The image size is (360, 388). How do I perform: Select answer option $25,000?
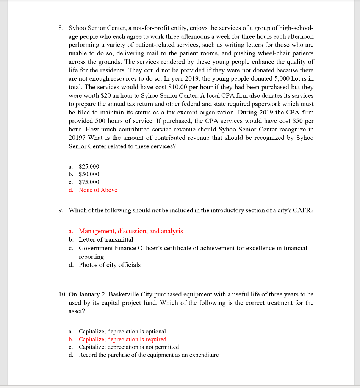pos(89,166)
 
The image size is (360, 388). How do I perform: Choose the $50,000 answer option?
pos(89,174)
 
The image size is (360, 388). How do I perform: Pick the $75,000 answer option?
pos(89,182)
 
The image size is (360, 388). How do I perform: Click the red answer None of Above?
pos(98,190)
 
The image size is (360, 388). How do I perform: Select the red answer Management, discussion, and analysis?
pos(130,231)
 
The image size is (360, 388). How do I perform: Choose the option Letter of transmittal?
pos(106,239)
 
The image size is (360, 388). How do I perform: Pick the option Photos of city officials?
pos(110,265)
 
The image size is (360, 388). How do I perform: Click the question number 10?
pos(63,294)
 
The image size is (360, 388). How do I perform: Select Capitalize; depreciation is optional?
pos(122,332)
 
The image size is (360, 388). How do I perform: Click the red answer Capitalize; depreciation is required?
pos(122,339)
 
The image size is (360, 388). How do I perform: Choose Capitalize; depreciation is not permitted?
pos(128,347)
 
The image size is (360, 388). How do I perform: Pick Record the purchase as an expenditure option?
pos(149,355)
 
